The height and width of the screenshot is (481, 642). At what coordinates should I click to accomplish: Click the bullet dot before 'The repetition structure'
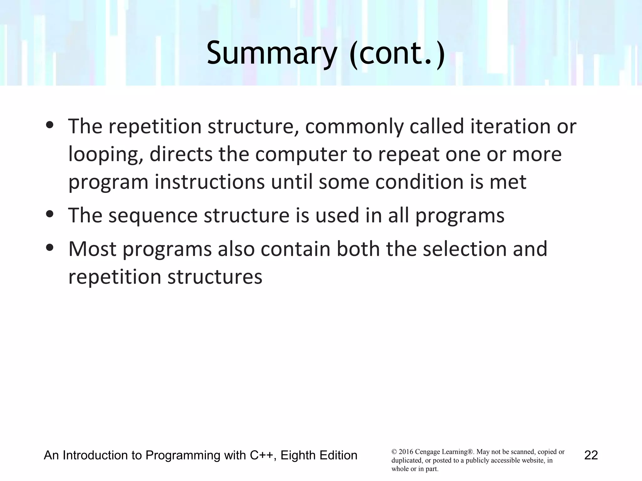click(x=50, y=125)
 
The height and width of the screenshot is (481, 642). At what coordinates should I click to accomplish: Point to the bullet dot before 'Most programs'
click(x=50, y=248)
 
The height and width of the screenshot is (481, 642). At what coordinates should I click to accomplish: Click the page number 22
click(x=591, y=455)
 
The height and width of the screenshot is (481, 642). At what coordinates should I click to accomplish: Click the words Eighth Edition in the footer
click(x=319, y=455)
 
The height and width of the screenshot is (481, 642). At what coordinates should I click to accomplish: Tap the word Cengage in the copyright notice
click(x=428, y=452)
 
